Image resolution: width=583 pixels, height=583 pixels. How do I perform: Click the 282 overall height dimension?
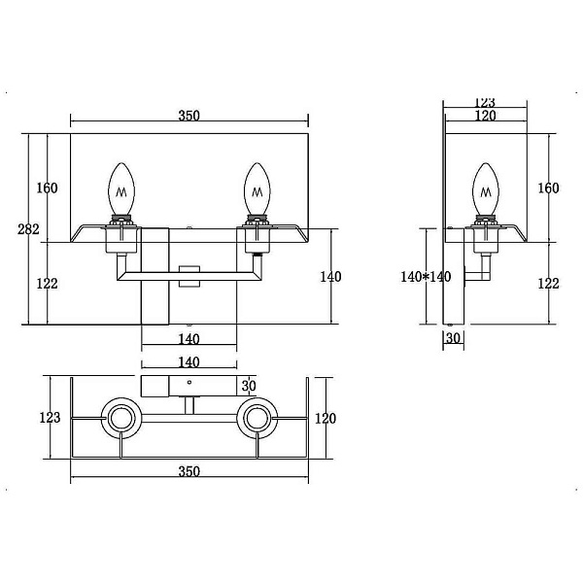click(x=28, y=229)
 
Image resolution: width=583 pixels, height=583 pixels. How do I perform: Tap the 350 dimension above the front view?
click(x=189, y=116)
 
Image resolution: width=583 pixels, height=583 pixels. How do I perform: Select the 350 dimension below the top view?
click(x=189, y=471)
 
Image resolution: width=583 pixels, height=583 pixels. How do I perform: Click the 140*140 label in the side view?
click(x=426, y=277)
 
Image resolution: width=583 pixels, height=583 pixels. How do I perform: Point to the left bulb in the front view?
click(x=121, y=189)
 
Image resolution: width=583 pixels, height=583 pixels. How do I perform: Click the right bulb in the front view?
click(x=257, y=189)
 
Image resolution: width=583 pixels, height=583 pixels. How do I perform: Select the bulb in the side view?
click(x=486, y=189)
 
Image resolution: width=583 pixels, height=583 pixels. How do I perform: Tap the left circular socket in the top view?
click(x=121, y=419)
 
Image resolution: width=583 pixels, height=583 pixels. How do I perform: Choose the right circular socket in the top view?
click(x=257, y=419)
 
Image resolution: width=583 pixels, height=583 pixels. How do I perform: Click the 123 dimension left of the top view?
click(x=50, y=418)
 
